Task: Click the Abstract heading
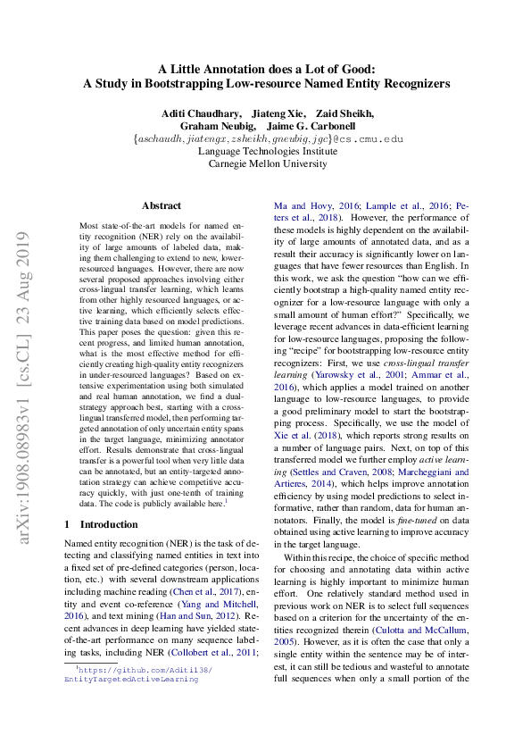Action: point(161,205)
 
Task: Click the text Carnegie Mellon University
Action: point(265,163)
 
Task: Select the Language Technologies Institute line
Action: point(265,151)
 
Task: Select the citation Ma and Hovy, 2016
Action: point(305,204)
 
